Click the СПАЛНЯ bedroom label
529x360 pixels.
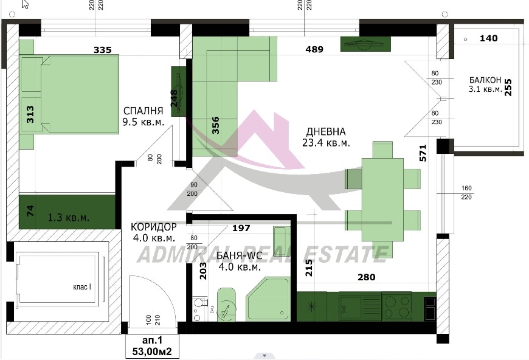(x=143, y=111)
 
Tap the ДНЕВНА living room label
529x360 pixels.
(x=325, y=131)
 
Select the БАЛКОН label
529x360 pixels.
(x=485, y=80)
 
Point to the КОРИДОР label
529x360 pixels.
(x=153, y=227)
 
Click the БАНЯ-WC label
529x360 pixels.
(x=239, y=256)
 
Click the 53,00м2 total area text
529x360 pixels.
(x=152, y=351)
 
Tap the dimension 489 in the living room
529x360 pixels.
(x=314, y=50)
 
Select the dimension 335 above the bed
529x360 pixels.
(x=103, y=50)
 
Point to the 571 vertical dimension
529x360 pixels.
(x=423, y=153)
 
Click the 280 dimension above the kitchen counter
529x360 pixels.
(x=367, y=277)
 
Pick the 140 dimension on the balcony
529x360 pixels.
(x=488, y=38)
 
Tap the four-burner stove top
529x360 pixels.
(x=396, y=306)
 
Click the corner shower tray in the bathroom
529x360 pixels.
(x=268, y=299)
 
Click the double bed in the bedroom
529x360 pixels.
(x=69, y=94)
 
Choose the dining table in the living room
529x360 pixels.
(x=382, y=199)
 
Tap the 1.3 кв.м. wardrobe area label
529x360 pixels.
(x=69, y=218)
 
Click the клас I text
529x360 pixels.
(x=82, y=287)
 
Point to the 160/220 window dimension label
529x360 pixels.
(x=466, y=192)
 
